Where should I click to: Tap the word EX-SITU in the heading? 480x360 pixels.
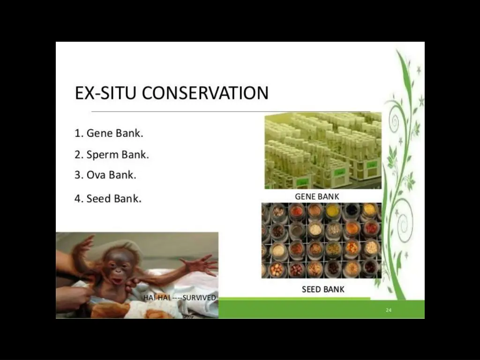[x=107, y=93]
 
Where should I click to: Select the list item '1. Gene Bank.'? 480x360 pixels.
[x=109, y=133]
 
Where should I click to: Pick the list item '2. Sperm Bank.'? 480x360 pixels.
[x=112, y=154]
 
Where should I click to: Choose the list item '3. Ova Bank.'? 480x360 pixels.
[x=105, y=175]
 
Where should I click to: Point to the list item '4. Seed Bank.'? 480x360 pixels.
[x=108, y=198]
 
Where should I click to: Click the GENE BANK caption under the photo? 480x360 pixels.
[x=317, y=196]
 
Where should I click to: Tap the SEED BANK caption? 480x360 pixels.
[x=323, y=289]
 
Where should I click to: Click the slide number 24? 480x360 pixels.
[x=389, y=310]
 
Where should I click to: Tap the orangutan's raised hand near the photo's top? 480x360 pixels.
[x=84, y=244]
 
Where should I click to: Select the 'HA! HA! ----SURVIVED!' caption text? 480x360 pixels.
[x=180, y=298]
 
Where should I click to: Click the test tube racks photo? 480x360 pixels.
[x=323, y=150]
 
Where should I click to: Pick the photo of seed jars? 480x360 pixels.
[x=321, y=240]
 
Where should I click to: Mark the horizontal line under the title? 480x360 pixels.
[x=230, y=112]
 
